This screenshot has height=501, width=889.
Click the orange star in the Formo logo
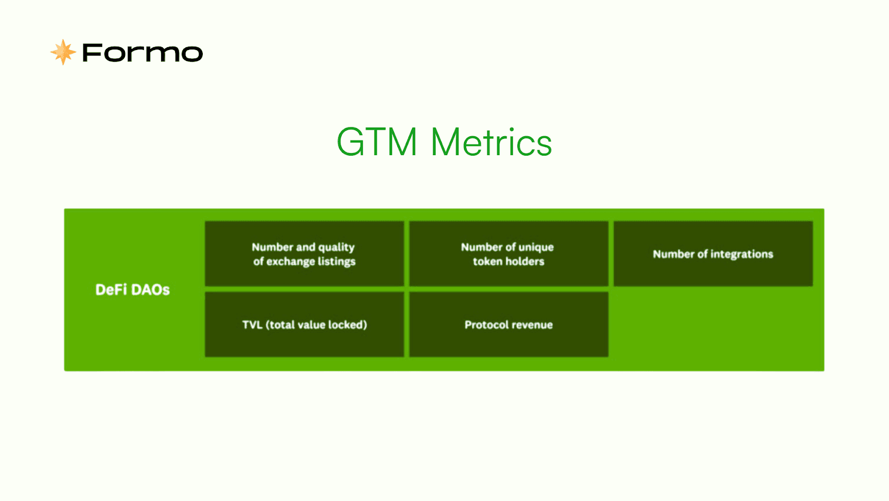[63, 52]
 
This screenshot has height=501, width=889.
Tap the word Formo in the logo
[142, 53]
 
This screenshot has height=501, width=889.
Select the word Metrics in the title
[491, 142]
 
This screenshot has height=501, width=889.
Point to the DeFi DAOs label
[133, 290]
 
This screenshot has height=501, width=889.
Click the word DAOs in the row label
[151, 290]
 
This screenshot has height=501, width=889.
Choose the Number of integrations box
[713, 254]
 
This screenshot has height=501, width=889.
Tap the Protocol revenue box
[509, 325]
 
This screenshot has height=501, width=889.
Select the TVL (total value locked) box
[304, 325]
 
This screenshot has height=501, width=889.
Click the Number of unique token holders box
[509, 254]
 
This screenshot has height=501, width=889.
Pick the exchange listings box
[304, 254]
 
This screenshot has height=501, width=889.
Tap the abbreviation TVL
[252, 325]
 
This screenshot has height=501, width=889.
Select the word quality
[337, 247]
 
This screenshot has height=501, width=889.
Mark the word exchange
[288, 262]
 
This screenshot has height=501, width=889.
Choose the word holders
[525, 261]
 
